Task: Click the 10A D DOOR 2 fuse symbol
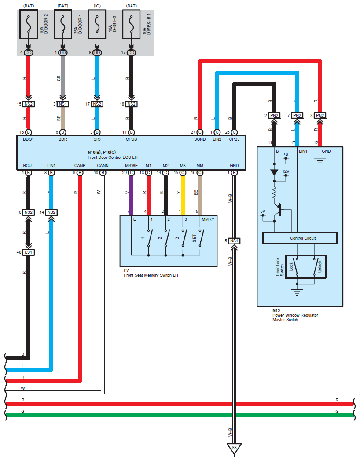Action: click(28, 24)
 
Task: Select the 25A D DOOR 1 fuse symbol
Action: click(62, 24)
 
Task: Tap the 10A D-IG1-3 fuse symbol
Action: click(97, 24)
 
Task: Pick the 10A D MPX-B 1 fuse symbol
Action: click(131, 24)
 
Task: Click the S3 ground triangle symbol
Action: click(234, 449)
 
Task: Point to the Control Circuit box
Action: click(300, 238)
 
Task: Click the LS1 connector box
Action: click(28, 252)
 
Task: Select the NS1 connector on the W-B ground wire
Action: click(234, 241)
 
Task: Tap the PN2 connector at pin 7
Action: click(297, 115)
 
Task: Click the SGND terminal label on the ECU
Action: click(200, 139)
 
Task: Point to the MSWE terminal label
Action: click(131, 166)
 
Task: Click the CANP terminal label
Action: click(80, 166)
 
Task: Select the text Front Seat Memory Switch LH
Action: click(151, 275)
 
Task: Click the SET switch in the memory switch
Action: click(202, 238)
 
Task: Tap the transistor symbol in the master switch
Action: click(279, 210)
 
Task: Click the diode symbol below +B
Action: click(274, 172)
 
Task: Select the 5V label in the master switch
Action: click(263, 212)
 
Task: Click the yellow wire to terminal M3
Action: click(183, 195)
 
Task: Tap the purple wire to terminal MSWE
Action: click(131, 195)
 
